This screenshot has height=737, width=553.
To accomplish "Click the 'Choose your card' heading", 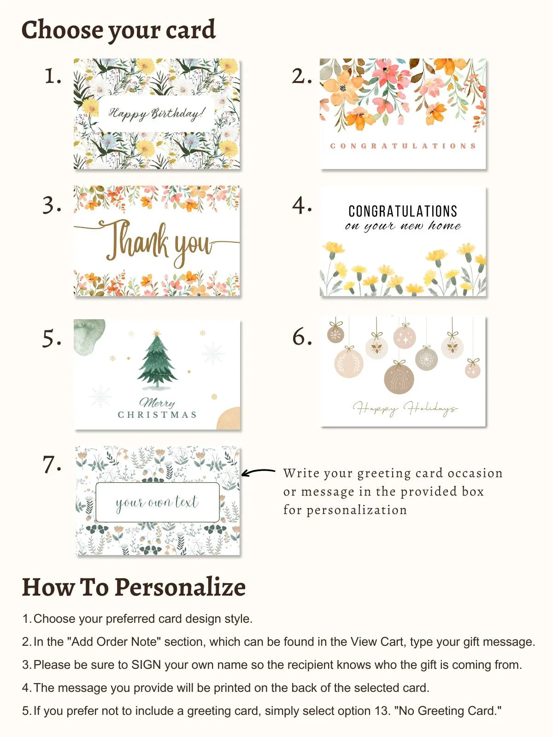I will click(118, 30).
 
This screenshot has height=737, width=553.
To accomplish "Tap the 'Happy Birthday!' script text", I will click(156, 113).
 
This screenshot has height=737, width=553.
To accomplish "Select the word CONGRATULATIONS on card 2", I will click(403, 146).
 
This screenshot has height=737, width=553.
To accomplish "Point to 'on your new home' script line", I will click(403, 226).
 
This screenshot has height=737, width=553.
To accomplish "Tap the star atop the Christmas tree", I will click(157, 333).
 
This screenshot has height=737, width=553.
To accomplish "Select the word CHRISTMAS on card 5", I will click(157, 415).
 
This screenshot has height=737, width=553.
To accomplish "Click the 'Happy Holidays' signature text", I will click(405, 408).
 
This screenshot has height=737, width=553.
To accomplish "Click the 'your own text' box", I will click(157, 502).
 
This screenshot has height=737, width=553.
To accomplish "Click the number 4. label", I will click(301, 205).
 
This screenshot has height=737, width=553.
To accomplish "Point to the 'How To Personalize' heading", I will click(134, 587).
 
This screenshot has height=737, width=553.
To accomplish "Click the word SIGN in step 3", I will click(146, 665).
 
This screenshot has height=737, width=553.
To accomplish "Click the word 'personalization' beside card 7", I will click(357, 510).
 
